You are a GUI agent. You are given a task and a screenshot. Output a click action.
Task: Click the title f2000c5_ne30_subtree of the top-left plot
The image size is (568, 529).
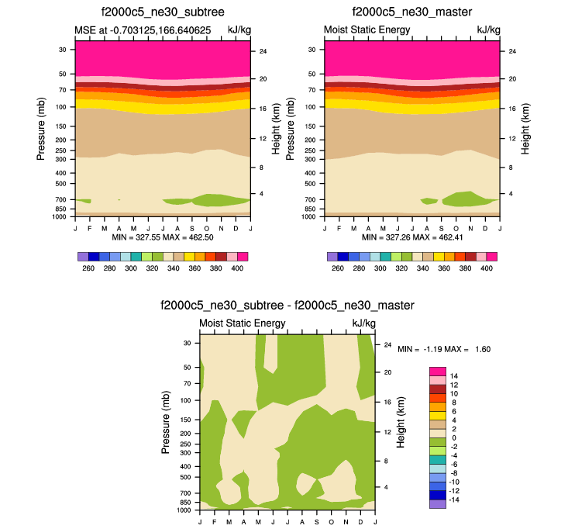click(162, 13)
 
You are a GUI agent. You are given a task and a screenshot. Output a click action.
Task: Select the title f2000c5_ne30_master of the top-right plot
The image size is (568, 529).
click(411, 13)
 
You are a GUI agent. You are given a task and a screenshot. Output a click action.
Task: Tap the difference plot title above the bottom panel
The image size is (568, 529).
click(287, 305)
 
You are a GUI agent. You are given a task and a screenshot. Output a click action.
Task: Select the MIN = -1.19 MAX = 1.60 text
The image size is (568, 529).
click(444, 349)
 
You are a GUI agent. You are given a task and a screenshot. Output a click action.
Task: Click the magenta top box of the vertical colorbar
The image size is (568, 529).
click(437, 372)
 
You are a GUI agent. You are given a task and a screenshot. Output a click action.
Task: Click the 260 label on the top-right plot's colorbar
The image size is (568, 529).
click(337, 268)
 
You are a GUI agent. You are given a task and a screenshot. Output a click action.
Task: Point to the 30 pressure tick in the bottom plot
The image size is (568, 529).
click(188, 342)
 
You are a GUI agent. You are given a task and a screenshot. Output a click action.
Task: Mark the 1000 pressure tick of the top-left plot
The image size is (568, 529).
click(60, 217)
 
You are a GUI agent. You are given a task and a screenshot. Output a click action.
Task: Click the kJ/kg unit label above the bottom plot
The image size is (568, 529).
click(363, 323)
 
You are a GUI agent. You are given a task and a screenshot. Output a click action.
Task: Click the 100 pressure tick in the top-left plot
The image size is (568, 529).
click(62, 106)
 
